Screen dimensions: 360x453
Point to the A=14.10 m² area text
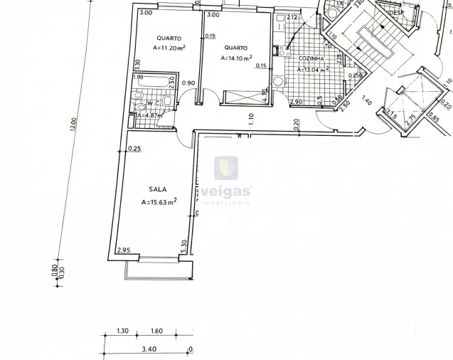tap(236, 58)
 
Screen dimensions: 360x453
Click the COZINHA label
tap(311, 58)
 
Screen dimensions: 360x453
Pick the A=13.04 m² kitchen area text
tap(313, 70)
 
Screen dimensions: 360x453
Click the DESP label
tap(395, 12)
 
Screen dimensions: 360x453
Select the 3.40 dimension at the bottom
tap(149, 349)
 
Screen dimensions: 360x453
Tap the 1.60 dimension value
tap(157, 331)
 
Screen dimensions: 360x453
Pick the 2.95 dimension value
tap(124, 250)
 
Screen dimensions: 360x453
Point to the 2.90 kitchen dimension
tap(296, 102)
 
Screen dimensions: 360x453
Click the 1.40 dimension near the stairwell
tap(367, 100)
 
